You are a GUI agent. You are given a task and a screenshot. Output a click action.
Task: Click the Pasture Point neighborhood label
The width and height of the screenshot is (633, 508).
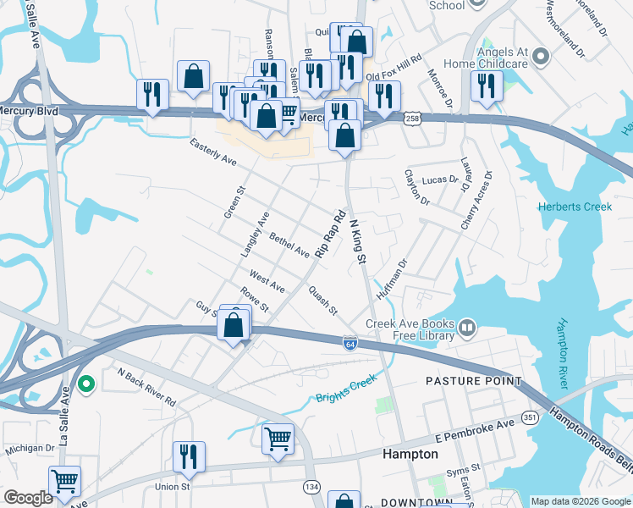click(x=473, y=381)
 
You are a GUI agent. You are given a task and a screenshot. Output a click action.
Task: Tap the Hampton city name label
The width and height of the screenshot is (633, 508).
click(x=410, y=454)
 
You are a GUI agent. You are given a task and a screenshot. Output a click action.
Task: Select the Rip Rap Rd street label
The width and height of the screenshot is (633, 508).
click(x=331, y=234)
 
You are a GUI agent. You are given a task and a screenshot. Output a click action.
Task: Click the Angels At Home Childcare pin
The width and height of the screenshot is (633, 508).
click(x=542, y=58)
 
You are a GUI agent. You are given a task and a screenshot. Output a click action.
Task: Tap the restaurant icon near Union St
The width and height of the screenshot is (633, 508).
click(x=189, y=456)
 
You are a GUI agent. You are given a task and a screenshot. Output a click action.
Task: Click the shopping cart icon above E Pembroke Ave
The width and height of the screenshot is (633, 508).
click(x=277, y=439)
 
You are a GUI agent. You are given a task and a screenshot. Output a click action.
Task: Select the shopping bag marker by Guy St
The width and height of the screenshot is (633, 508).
click(x=235, y=323)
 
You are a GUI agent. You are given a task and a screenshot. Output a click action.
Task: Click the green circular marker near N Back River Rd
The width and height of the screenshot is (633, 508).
click(x=85, y=385)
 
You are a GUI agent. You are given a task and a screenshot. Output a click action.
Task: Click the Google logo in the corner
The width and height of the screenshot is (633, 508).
click(x=28, y=499)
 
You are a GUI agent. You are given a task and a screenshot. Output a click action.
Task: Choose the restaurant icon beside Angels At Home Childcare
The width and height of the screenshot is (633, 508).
click(x=487, y=86)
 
